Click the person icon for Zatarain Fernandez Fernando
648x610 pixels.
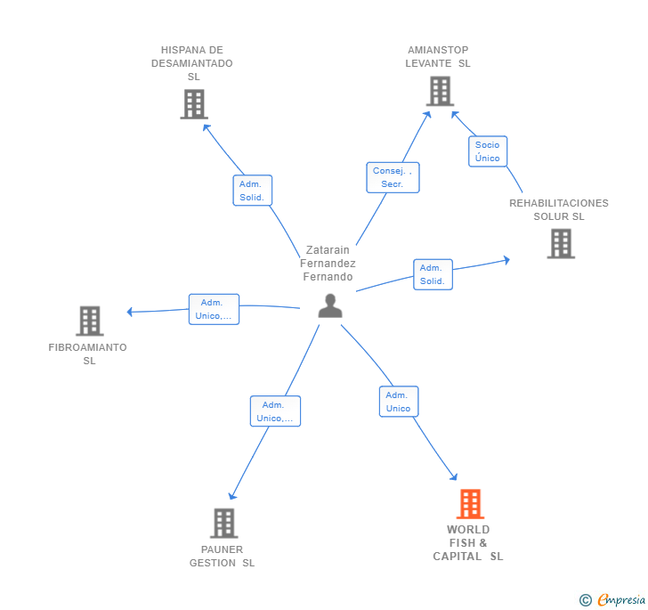click(x=330, y=305)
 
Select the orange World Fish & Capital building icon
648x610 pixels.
click(x=470, y=504)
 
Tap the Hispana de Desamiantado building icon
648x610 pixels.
click(x=193, y=104)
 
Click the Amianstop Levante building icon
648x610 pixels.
click(x=440, y=91)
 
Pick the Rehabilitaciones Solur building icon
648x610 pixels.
click(x=561, y=243)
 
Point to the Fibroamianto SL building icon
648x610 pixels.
click(x=89, y=321)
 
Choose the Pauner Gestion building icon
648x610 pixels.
click(x=223, y=523)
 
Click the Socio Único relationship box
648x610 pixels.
click(x=487, y=151)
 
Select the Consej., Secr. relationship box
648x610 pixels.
click(x=393, y=177)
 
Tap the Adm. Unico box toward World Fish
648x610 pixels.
click(x=398, y=402)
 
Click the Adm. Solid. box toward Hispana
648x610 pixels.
click(x=252, y=191)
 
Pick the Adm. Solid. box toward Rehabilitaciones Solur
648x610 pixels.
click(x=433, y=274)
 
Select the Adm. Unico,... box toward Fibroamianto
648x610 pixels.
click(x=214, y=309)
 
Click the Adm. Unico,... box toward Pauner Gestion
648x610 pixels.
click(x=275, y=411)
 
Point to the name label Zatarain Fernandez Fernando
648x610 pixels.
click(x=328, y=264)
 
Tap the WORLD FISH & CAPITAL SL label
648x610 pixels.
click(x=468, y=543)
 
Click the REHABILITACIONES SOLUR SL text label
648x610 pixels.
click(x=559, y=210)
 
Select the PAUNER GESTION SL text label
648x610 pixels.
click(x=222, y=557)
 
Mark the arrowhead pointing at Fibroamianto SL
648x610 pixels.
click(x=130, y=312)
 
